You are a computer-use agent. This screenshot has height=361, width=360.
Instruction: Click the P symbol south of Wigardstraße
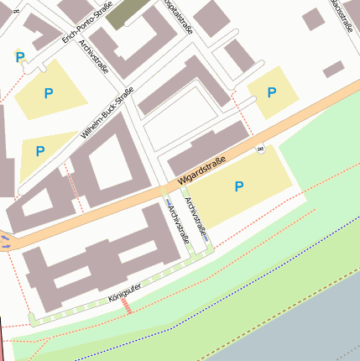coord(239,186)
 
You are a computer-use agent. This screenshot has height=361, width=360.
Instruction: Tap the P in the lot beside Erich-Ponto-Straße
coord(49,92)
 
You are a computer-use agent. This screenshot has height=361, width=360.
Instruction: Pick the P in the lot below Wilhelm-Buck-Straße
coord(39,151)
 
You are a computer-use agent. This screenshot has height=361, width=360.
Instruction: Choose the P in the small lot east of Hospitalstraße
coord(272,92)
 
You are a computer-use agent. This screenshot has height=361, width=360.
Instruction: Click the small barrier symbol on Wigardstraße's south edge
coord(260,149)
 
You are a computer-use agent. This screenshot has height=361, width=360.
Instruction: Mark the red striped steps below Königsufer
coord(128,308)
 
